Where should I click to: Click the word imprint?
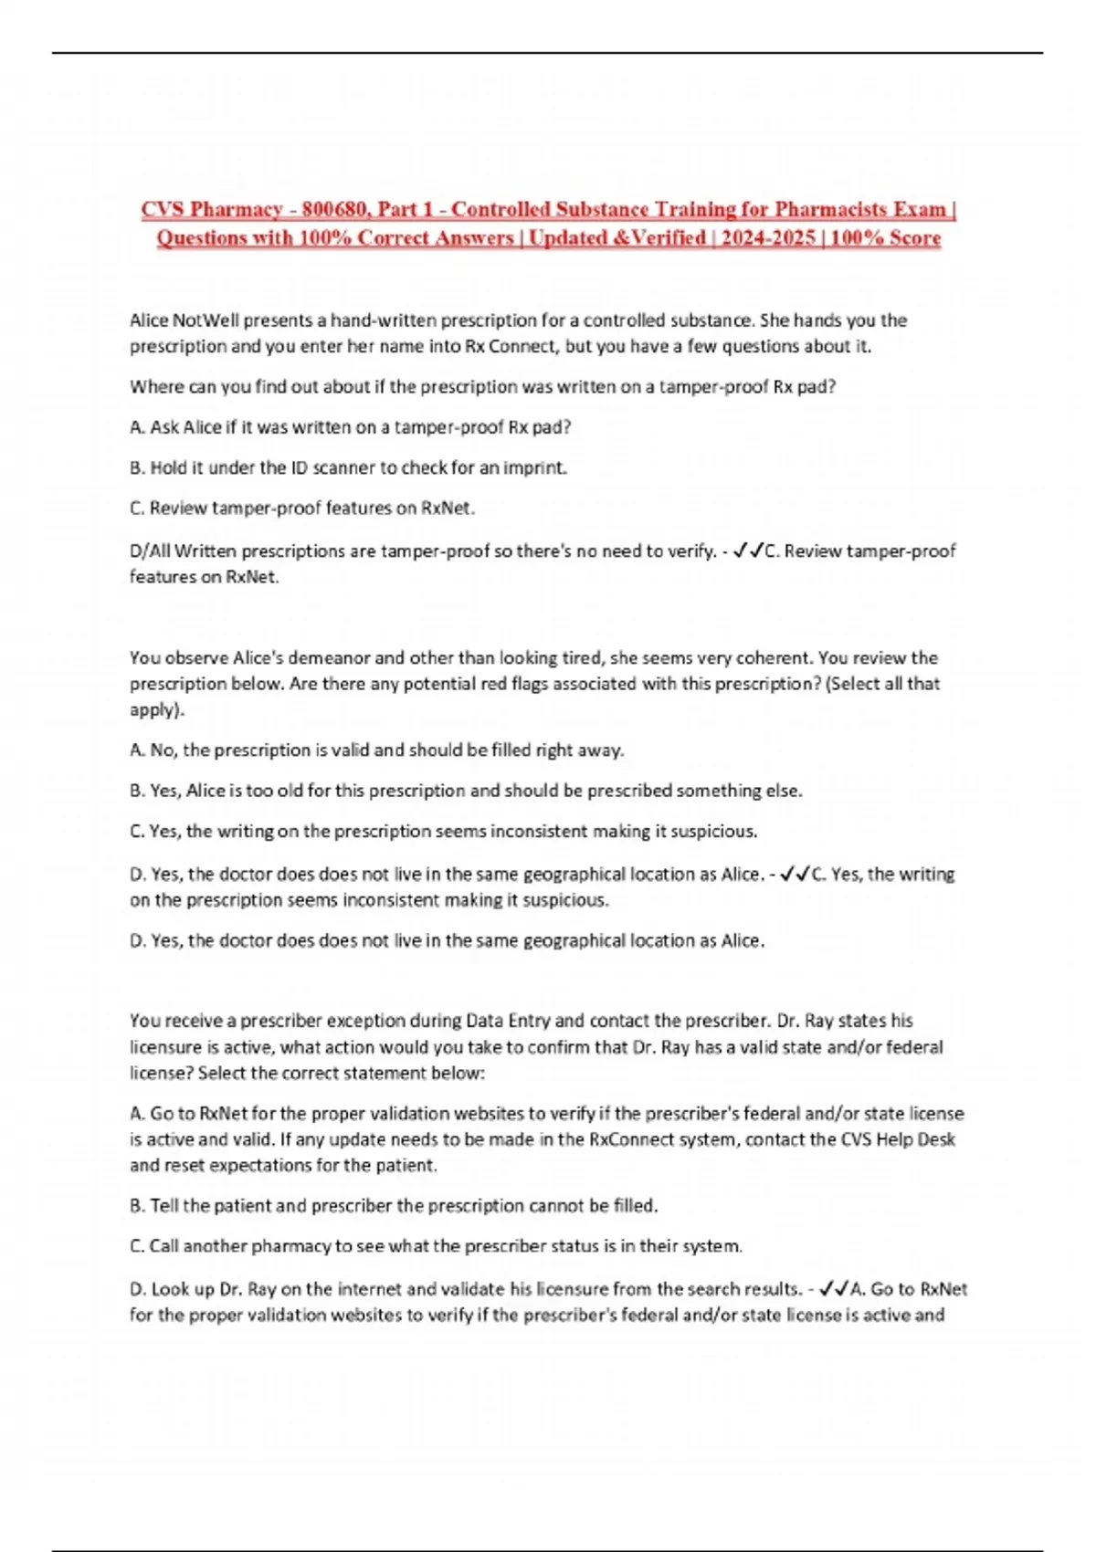535,467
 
